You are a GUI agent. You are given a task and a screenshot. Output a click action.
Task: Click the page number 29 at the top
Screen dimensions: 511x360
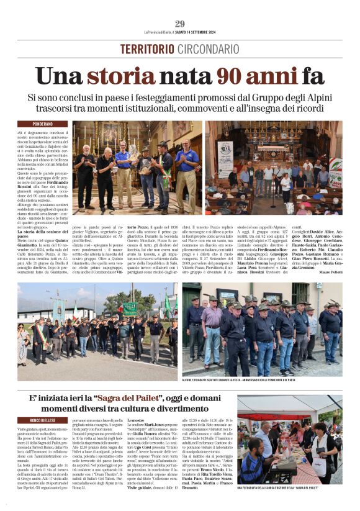[180, 24]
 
